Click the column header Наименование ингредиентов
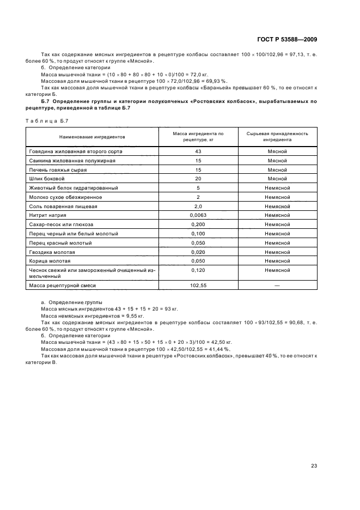[92, 137]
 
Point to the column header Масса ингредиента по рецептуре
[198, 136]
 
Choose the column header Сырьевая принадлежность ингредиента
[277, 136]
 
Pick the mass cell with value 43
[198, 151]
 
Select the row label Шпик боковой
[47, 179]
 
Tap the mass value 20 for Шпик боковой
[198, 179]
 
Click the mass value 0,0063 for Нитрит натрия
[198, 215]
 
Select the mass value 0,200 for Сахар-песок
[198, 224]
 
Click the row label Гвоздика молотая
[52, 252]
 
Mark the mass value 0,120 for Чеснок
[198, 270]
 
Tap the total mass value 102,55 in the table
[198, 286]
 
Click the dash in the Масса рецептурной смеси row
[277, 286]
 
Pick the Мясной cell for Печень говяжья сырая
[277, 169]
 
